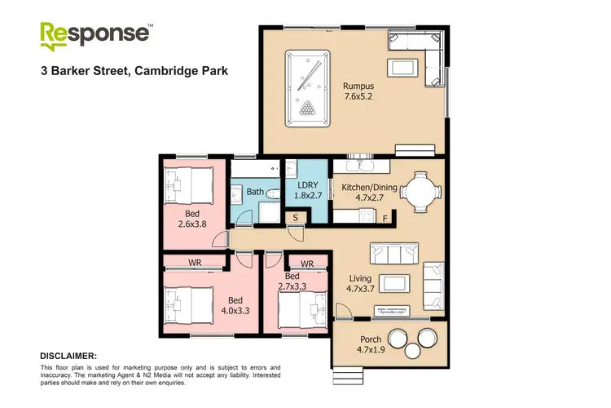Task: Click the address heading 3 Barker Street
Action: (x=134, y=71)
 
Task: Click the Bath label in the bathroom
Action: (x=255, y=192)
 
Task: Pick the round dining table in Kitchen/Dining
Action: (x=420, y=191)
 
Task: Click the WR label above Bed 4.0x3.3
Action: (x=195, y=263)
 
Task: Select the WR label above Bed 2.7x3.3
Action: (x=307, y=263)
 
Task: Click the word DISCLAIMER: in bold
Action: (x=68, y=356)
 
